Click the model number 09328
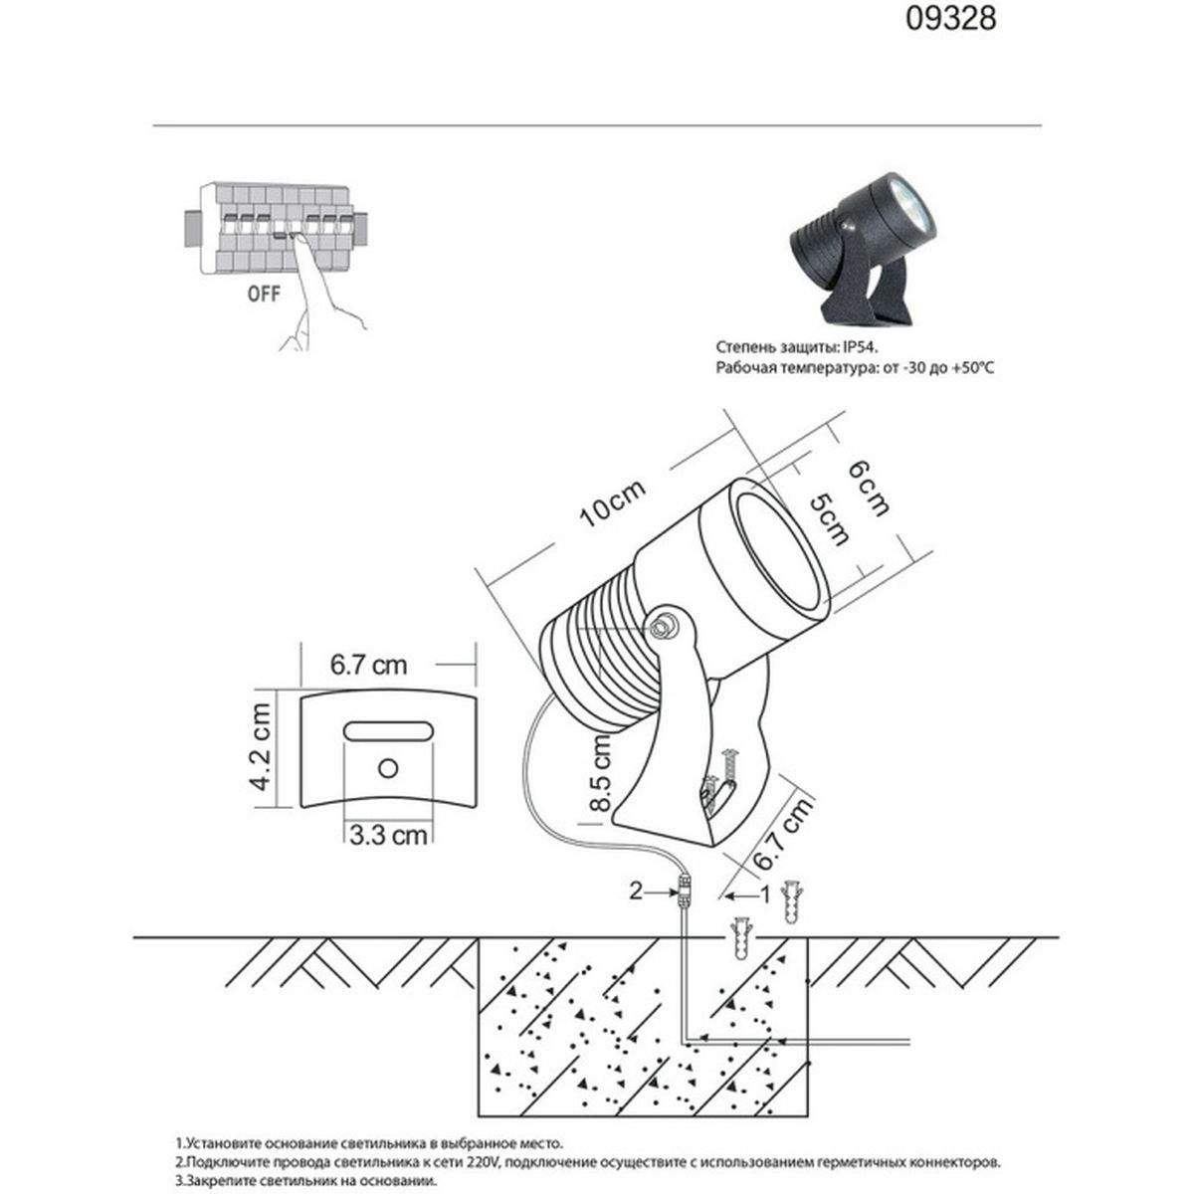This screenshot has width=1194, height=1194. [x=951, y=19]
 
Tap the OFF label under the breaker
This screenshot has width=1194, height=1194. [x=264, y=294]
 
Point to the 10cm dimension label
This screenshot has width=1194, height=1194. [x=612, y=504]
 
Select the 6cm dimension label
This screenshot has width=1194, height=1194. [x=868, y=489]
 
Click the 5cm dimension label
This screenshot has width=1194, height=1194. [x=829, y=519]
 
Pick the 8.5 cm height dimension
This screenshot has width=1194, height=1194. [x=600, y=773]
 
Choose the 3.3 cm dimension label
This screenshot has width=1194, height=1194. [x=388, y=835]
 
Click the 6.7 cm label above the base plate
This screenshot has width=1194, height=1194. [x=369, y=665]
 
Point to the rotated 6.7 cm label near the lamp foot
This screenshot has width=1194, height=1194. [x=782, y=834]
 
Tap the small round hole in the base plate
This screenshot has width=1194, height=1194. [x=388, y=768]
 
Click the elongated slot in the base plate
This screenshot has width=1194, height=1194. [x=388, y=730]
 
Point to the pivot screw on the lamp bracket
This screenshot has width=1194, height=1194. [x=663, y=627]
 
